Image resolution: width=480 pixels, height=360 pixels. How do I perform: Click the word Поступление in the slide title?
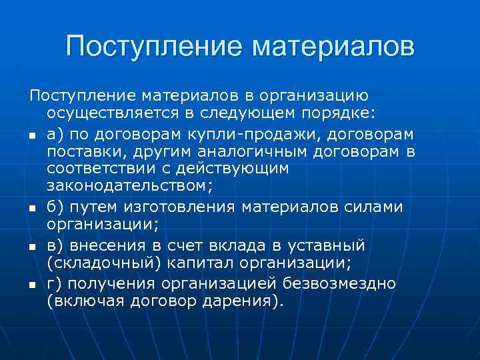151,47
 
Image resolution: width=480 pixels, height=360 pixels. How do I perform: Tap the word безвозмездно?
341,283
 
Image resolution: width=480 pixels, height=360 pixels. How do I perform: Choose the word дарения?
247,301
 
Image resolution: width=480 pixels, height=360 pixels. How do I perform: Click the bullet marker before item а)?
32,136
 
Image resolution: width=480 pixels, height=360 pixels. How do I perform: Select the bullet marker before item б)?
32,209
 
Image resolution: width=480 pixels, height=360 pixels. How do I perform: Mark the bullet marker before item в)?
32,247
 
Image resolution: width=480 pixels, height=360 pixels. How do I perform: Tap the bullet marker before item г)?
32,285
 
